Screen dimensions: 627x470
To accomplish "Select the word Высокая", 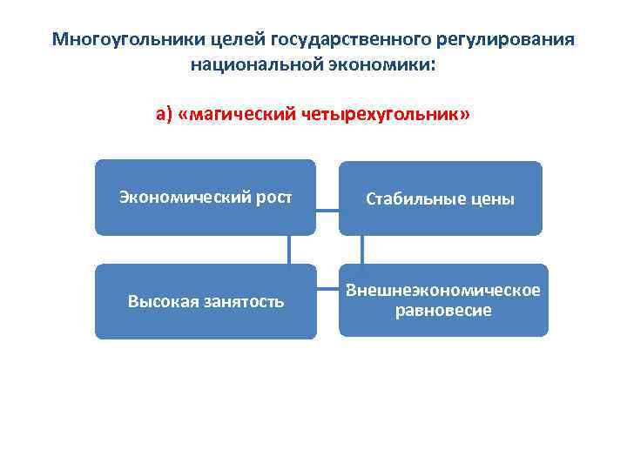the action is [x=160, y=302].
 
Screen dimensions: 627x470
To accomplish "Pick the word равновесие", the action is [x=442, y=310].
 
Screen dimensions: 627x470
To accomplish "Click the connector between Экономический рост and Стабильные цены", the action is [x=327, y=210].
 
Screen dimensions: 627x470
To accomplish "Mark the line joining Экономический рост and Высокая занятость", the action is [x=289, y=249].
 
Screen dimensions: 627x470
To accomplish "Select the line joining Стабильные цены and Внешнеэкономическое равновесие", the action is [x=362, y=249].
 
